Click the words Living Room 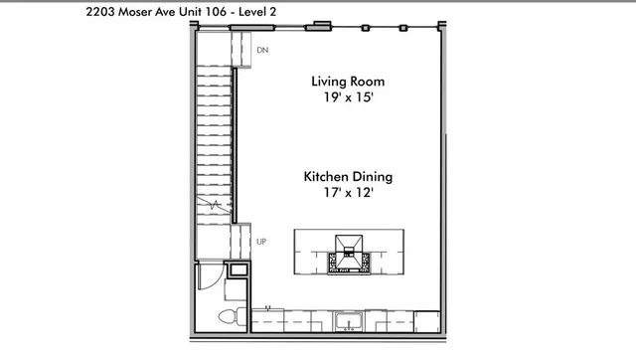click(347, 82)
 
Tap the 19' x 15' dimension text click(347, 98)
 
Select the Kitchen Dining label click(348, 177)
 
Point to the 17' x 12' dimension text click(348, 194)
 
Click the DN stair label click(262, 50)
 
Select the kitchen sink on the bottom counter click(349, 319)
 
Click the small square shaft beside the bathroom click(238, 270)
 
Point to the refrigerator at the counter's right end click(426, 320)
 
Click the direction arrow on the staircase click(213, 205)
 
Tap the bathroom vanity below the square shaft click(237, 291)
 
